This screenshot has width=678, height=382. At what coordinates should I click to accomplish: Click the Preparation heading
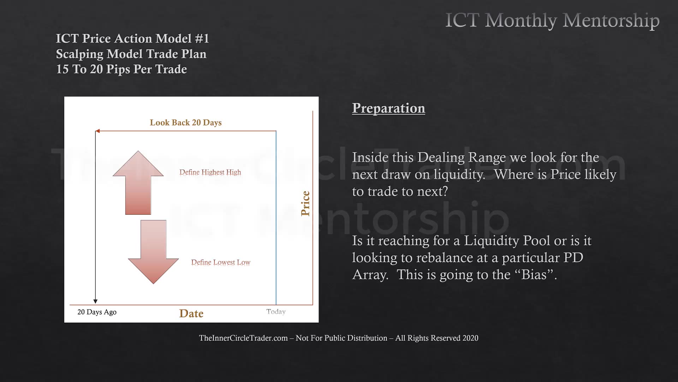coord(388,108)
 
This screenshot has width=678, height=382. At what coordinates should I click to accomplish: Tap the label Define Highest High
coord(210,172)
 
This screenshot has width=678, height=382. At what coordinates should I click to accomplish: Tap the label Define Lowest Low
coord(221,262)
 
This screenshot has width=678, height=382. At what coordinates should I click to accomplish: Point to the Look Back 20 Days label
coord(186,123)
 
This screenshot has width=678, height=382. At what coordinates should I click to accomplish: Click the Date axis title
coord(191,313)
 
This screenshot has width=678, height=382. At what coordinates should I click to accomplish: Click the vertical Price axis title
coord(305,203)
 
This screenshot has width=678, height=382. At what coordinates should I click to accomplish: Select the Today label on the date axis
coord(276,312)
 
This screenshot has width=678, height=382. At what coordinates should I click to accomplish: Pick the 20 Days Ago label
coord(97,312)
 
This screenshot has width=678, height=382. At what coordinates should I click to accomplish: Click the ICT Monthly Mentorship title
coord(552,21)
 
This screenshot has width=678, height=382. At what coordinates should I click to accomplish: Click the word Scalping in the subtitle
coord(80,54)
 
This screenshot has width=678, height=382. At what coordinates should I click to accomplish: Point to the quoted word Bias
coord(534,275)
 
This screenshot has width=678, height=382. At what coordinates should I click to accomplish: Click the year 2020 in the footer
coord(470,338)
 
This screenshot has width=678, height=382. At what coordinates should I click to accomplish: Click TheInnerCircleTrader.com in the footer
coord(243,338)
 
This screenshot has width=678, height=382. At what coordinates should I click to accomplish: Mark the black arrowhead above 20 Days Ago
coord(95,301)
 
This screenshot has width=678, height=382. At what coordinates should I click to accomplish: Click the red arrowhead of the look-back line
coord(97,131)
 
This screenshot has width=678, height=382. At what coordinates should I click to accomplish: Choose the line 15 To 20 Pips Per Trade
coord(121,69)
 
